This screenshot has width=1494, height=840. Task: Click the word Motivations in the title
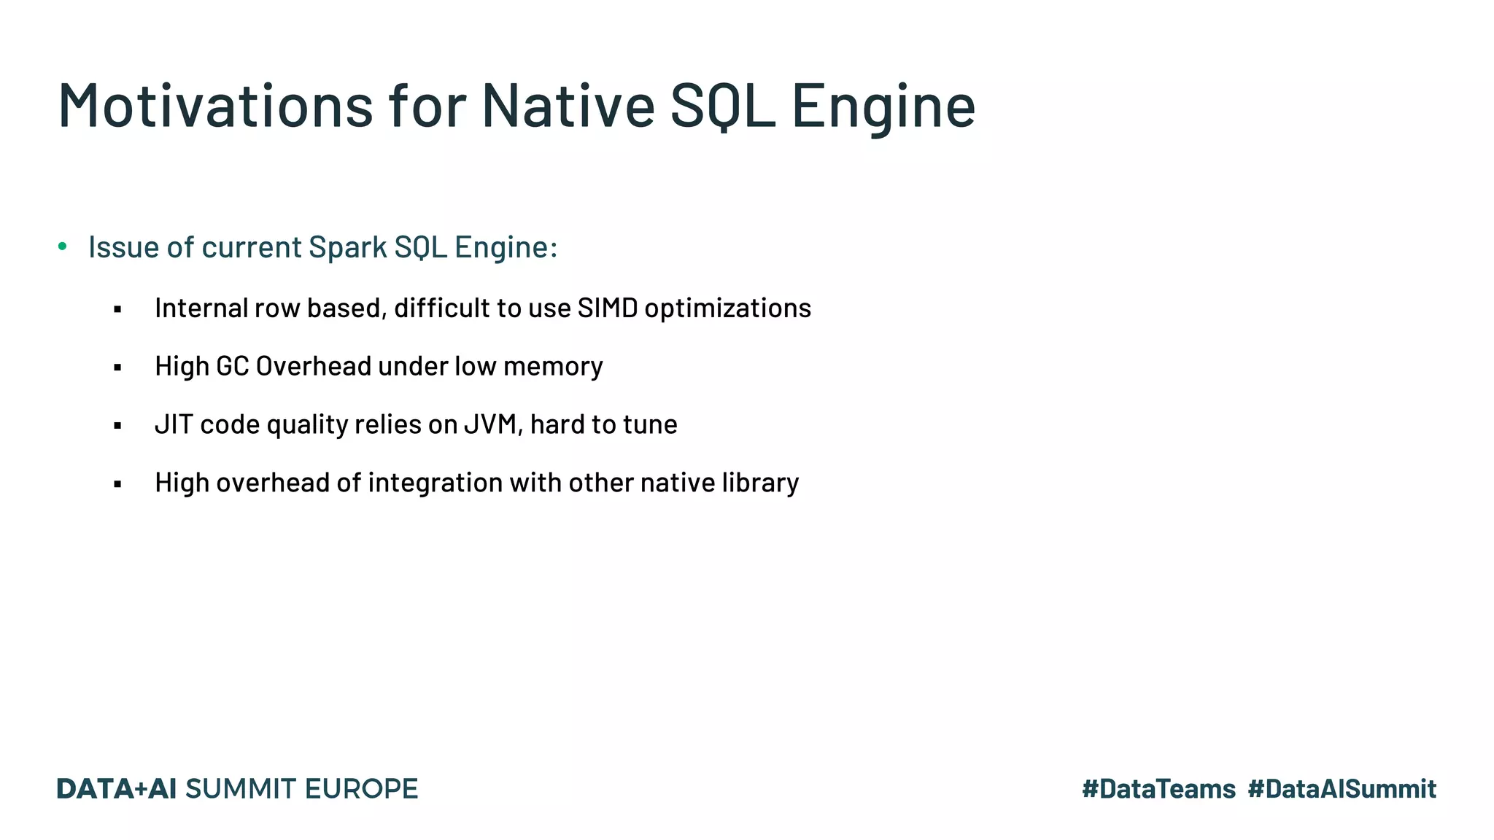point(216,106)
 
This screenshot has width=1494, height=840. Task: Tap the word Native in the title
point(568,106)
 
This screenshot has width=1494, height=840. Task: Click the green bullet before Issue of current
point(63,246)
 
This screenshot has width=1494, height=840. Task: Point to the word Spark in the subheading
point(348,248)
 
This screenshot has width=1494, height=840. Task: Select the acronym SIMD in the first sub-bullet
point(607,308)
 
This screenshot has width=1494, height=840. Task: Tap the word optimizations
point(727,308)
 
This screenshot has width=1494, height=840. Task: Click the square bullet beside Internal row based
point(117,310)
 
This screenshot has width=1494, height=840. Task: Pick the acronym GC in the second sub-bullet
point(233,366)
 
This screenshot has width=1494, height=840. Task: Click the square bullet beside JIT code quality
point(117,426)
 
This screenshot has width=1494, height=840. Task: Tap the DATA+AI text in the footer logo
point(117,789)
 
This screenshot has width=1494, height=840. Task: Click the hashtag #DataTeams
point(1158,789)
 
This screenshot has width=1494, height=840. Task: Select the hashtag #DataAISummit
point(1342,789)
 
